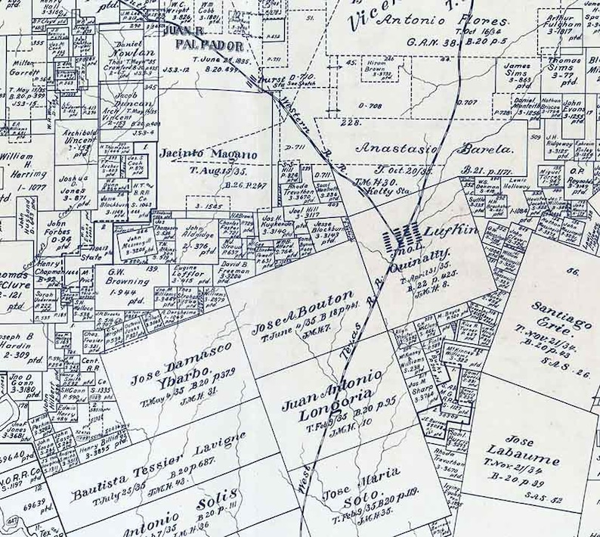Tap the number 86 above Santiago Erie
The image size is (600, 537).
(x=573, y=271)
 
